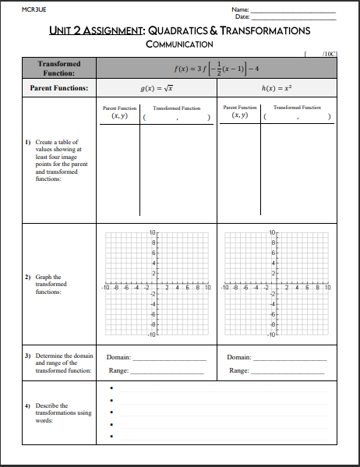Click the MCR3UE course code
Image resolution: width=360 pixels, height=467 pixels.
coord(33,9)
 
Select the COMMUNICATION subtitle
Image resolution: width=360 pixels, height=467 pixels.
coord(179,44)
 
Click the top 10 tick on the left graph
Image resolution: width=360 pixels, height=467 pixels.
coord(153,233)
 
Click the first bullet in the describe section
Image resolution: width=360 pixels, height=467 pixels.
coord(112,387)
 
